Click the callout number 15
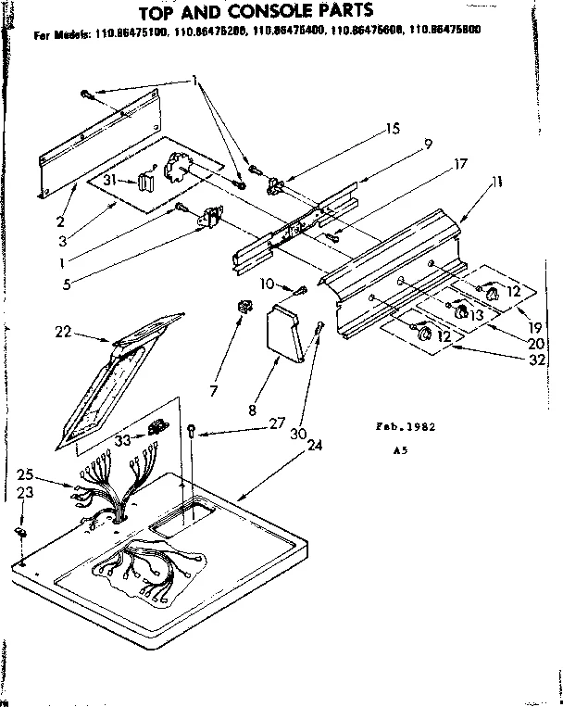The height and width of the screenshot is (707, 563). click(393, 129)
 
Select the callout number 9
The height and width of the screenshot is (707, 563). click(429, 144)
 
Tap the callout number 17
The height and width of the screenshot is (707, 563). click(459, 164)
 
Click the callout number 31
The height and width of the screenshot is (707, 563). click(109, 180)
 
